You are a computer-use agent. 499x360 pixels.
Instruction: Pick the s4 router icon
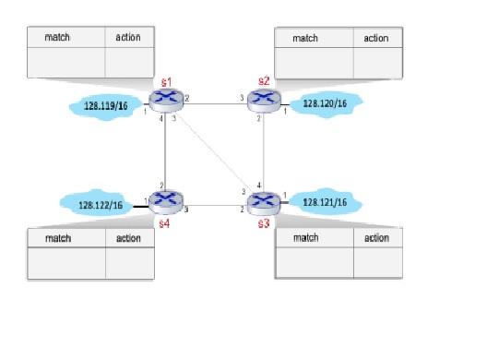166,198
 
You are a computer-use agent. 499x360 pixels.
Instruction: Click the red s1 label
166,82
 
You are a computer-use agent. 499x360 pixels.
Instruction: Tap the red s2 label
265,82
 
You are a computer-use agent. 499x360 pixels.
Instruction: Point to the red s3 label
265,223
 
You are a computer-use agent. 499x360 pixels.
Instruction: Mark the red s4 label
164,222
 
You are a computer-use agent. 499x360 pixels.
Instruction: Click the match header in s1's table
58,38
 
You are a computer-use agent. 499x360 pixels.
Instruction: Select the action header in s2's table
376,38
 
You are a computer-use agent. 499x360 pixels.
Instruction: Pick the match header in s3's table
305,238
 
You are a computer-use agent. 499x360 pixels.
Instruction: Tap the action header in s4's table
128,238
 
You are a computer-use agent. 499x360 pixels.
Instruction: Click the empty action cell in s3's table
376,261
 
